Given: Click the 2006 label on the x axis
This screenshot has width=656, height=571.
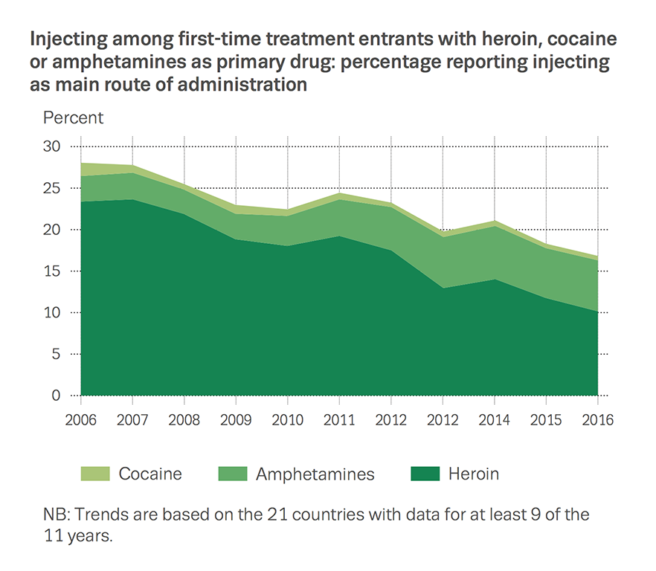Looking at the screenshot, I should coord(80,420).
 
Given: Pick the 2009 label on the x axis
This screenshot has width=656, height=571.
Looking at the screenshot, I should coord(236,420).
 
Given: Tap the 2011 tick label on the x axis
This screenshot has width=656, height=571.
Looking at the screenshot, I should coord(339,420).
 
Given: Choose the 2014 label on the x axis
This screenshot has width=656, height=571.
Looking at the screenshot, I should coord(495,420).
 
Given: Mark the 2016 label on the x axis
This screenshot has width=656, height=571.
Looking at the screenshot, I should coord(598,420).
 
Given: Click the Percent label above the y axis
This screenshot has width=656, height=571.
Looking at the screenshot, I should coord(74,117).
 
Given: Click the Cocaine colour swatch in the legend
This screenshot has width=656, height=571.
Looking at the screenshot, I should coord(94,474).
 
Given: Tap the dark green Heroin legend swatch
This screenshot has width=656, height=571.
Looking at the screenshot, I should coord(421,474).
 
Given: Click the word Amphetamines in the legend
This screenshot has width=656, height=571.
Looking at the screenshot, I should coord(315,474).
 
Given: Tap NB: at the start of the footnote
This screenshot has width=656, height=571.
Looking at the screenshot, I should coord(57,514).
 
